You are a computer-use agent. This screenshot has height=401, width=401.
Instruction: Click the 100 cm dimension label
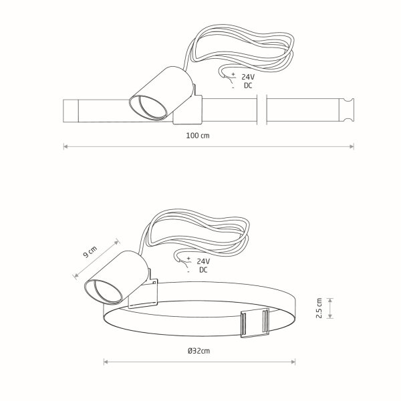(x=197, y=135)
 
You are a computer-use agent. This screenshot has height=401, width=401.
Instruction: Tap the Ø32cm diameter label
(x=198, y=351)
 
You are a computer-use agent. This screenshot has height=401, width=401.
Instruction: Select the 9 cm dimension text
(x=90, y=252)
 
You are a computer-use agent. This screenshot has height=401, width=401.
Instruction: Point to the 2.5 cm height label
(x=319, y=308)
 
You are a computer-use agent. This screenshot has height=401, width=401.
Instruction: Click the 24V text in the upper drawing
(x=248, y=77)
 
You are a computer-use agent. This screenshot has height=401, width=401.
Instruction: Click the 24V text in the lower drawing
(x=203, y=261)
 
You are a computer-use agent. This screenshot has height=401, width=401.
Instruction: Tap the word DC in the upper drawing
(x=248, y=86)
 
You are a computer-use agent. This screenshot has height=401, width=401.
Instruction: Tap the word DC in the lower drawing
(x=203, y=270)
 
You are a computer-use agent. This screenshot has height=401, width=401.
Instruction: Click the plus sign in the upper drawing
(x=233, y=74)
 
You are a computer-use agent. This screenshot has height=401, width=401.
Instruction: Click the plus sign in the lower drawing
(x=188, y=259)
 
